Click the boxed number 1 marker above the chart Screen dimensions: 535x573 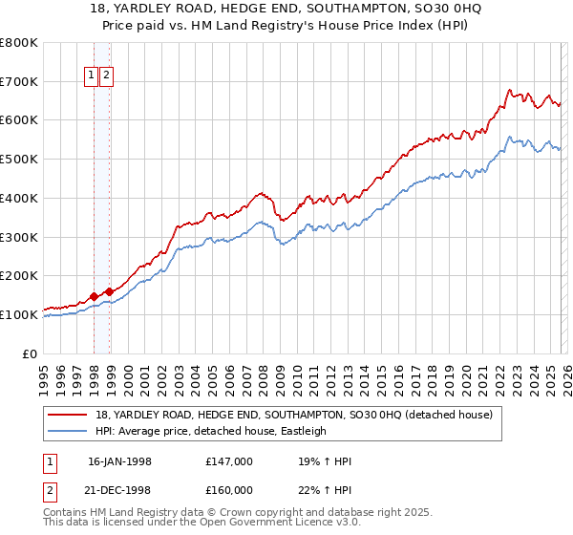coord(92,76)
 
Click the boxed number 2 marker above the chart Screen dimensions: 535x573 coord(106,76)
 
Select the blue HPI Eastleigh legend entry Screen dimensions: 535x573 coord(210,431)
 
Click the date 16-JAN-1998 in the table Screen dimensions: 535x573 coord(119,461)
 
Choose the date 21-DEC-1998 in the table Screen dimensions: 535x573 coord(119,490)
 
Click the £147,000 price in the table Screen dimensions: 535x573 coord(229,461)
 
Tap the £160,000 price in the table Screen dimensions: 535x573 coord(229,490)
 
